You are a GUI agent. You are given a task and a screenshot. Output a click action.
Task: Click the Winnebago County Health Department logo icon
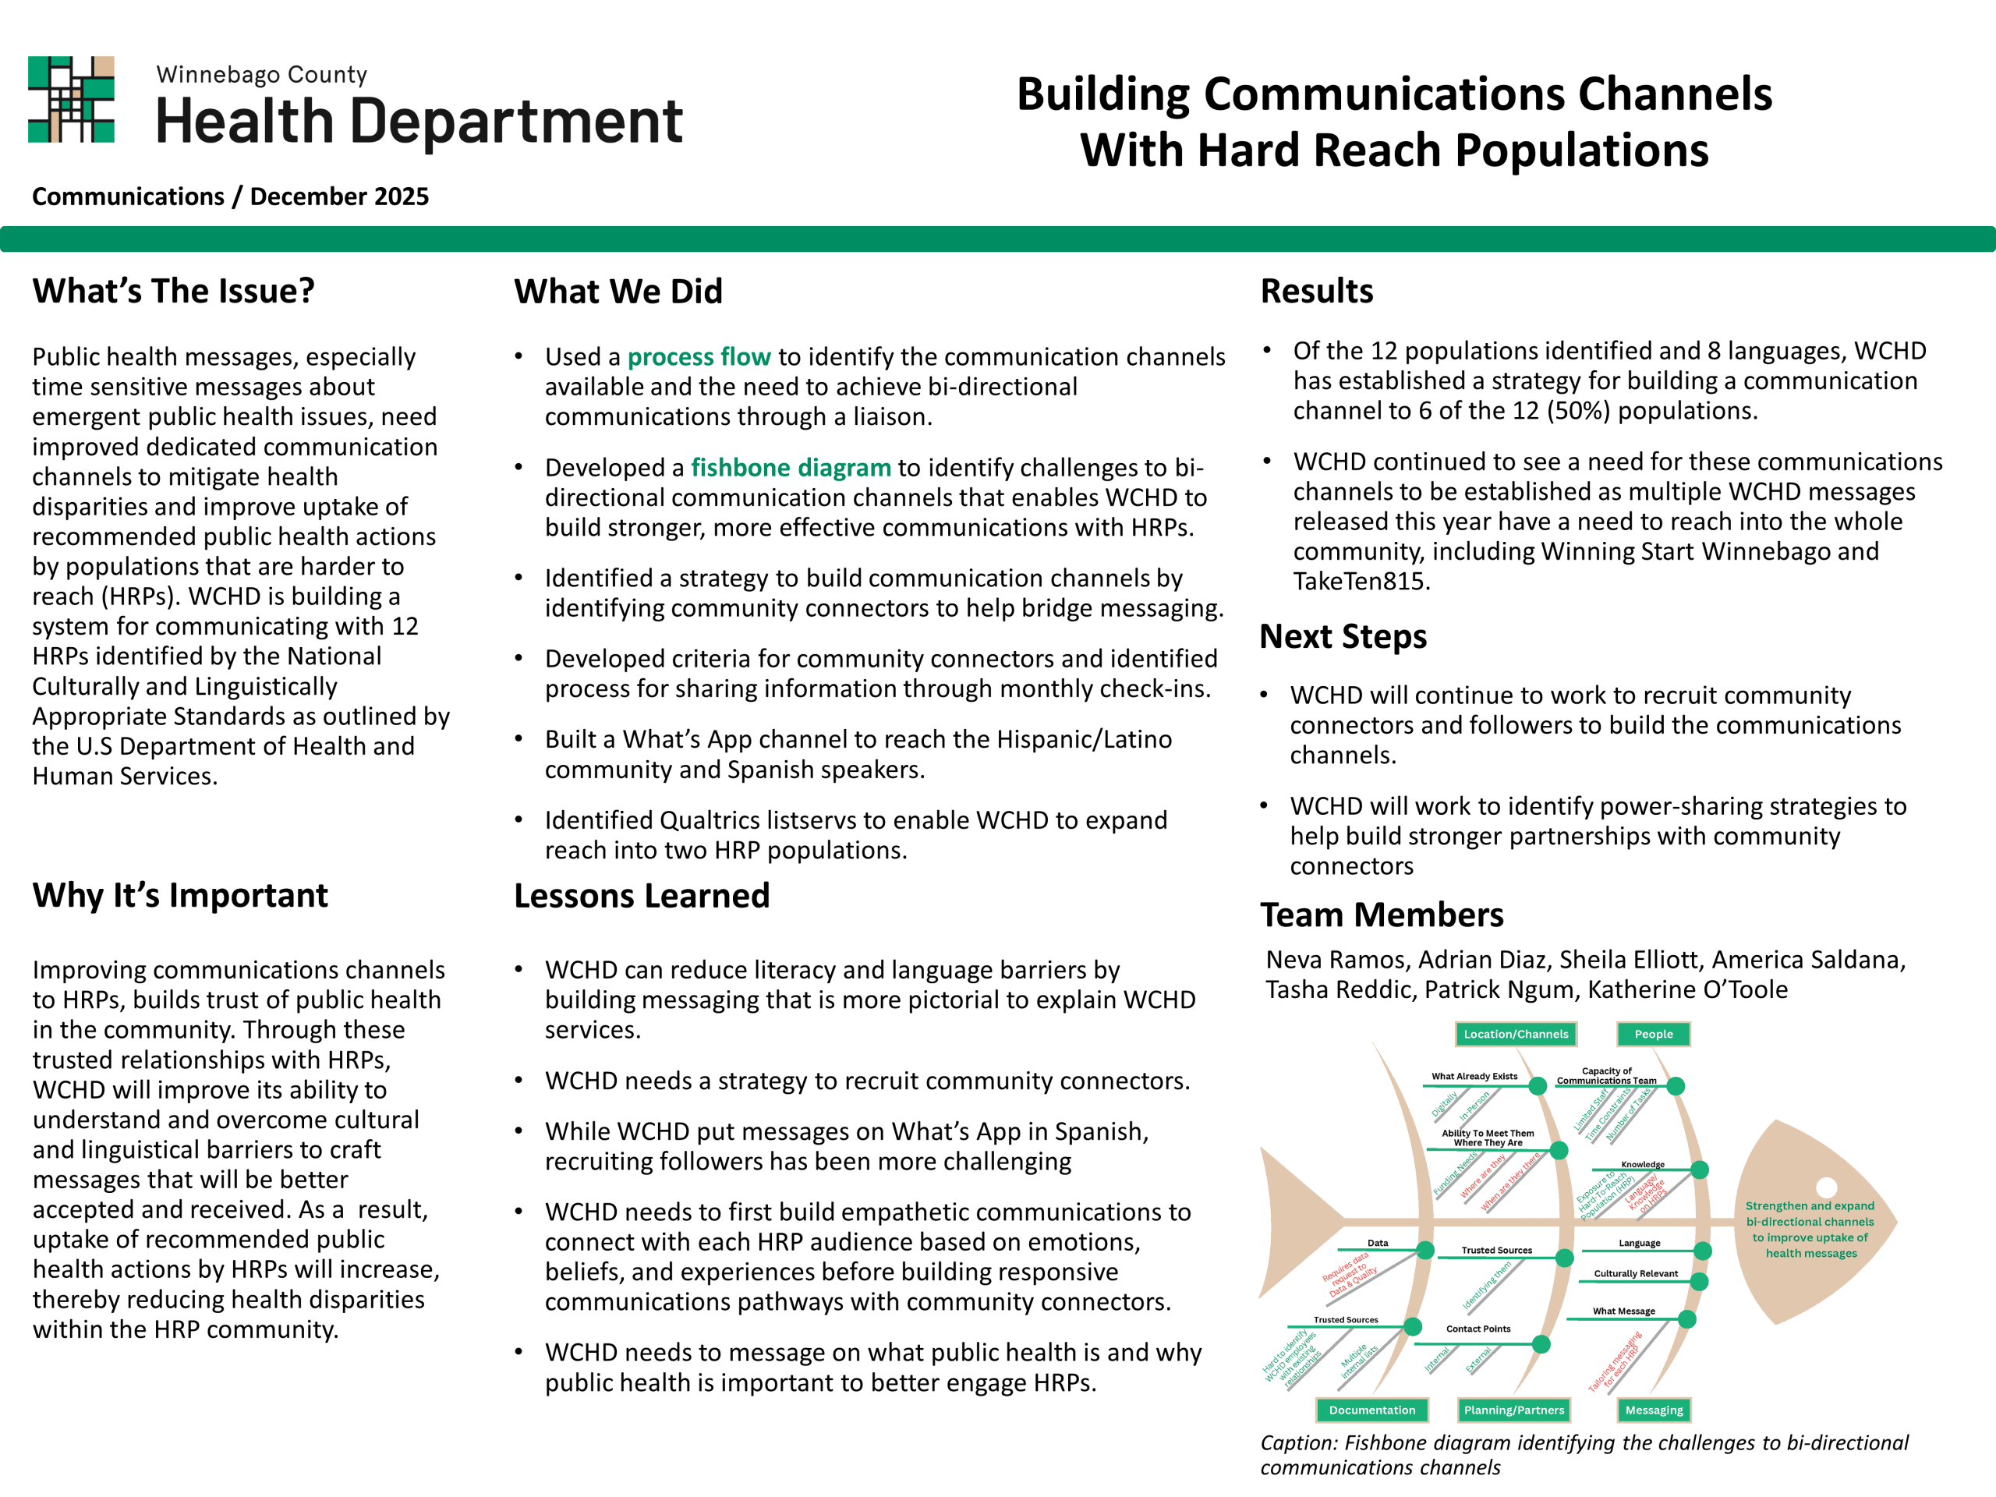71,99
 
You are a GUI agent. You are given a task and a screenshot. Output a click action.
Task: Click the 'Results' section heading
1317,292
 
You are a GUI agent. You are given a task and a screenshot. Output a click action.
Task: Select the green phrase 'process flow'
699,357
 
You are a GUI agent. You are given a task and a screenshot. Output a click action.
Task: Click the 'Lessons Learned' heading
642,896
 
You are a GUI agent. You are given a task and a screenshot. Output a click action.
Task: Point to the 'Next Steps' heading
1343,637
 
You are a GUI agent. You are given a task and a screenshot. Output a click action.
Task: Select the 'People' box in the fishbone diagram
1653,1034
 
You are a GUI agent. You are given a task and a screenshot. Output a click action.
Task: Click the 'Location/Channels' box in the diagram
1516,1034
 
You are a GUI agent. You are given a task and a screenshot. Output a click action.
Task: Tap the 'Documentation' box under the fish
1371,1410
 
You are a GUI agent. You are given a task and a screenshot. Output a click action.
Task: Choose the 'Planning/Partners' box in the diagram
1514,1410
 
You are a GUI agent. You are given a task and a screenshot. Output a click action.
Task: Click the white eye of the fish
1826,1187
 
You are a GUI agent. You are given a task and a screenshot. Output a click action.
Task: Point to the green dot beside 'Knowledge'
1700,1170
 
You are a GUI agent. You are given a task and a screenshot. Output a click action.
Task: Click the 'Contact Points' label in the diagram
1478,1329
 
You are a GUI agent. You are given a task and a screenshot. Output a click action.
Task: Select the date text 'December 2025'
339,196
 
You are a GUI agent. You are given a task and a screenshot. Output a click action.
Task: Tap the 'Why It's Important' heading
180,896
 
